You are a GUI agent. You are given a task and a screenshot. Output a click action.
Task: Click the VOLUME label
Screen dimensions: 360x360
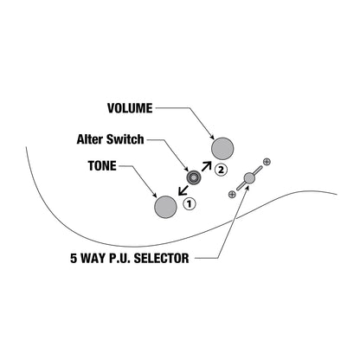click(x=130, y=108)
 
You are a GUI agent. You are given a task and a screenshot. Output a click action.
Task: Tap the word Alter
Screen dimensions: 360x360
click(x=90, y=139)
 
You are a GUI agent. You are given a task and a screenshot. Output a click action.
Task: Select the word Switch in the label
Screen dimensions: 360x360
click(x=125, y=139)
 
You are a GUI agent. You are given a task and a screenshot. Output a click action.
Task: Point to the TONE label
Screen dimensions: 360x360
click(x=102, y=166)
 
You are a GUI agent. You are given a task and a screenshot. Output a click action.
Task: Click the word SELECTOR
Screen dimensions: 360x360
click(x=162, y=258)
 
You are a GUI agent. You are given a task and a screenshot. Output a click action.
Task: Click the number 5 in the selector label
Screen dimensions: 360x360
click(x=74, y=258)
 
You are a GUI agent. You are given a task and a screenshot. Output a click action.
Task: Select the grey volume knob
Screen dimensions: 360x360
click(x=222, y=149)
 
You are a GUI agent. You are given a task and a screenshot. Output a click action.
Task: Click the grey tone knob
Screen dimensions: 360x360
click(x=165, y=207)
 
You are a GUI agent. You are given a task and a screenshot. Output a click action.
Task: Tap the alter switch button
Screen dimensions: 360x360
click(x=194, y=177)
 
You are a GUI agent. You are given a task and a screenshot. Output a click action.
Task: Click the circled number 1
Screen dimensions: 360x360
click(x=190, y=204)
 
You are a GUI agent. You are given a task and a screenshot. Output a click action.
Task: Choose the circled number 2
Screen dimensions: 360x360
click(x=221, y=170)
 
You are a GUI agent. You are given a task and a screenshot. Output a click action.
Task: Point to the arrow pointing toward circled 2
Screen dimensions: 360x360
click(x=207, y=167)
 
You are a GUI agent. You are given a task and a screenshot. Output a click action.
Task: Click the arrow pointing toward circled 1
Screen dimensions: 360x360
click(x=183, y=190)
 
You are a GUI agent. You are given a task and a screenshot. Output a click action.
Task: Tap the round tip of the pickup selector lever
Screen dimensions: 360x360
click(x=249, y=178)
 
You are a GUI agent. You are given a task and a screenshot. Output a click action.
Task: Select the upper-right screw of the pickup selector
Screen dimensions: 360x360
click(x=267, y=162)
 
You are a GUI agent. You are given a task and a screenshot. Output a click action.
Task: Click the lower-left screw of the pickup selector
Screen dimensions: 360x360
click(x=232, y=194)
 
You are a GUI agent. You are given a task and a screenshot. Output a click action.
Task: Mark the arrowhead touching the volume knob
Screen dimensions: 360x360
click(x=212, y=136)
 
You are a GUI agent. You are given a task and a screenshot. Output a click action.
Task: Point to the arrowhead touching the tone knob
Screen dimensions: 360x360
click(x=154, y=194)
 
